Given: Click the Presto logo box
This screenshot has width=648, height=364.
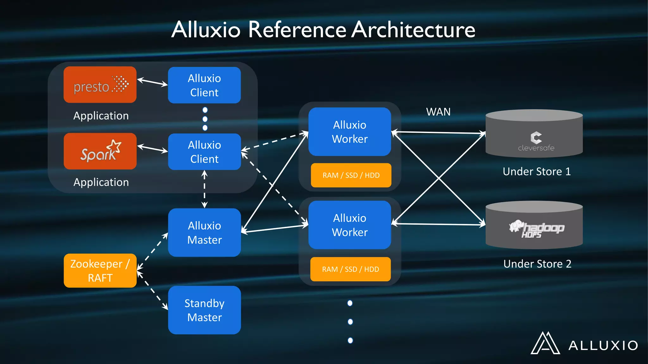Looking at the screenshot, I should coord(100,85).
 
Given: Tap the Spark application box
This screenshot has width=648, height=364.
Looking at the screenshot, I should coord(100,151).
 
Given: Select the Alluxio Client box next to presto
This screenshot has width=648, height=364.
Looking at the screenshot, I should coord(204,85).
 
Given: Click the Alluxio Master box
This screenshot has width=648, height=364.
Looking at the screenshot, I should coord(204,233).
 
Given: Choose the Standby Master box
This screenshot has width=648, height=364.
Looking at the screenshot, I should coord(204,310).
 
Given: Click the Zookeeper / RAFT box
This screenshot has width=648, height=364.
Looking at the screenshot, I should coord(100,271).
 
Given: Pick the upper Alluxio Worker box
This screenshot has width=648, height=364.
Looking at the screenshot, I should coord(350,132).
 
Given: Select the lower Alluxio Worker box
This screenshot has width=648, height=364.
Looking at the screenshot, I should coord(350,225).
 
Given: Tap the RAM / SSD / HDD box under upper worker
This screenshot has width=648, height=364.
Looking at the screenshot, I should coord(351,175).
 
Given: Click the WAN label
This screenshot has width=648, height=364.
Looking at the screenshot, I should coord(438,112).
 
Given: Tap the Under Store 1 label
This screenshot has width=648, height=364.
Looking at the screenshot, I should coord(537,172).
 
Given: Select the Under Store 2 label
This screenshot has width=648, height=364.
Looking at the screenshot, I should coord(537,264).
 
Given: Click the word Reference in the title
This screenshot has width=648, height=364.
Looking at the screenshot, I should coord(297,30).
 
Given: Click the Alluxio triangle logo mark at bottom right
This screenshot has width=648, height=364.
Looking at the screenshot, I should coord(545,343).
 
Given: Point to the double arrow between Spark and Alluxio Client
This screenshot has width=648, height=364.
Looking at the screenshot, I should coord(153,149).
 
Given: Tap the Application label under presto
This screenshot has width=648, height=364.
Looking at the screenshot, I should coord(101,116).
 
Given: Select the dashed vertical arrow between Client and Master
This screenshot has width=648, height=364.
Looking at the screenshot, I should coord(204,189).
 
